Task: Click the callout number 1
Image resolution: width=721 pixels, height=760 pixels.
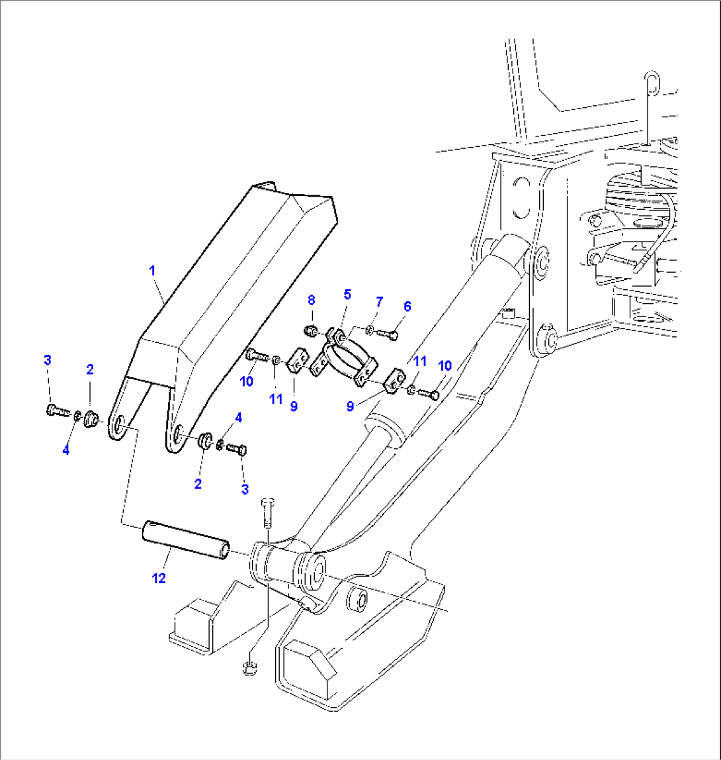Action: pos(151,270)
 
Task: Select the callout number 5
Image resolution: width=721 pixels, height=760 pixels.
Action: pos(347,294)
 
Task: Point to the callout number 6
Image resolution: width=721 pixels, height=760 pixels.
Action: pos(407,306)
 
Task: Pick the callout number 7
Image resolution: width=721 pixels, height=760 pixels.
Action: pos(380,302)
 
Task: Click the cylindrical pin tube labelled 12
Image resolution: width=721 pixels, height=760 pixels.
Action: pos(185,540)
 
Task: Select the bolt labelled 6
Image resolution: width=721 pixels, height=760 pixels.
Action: pos(388,334)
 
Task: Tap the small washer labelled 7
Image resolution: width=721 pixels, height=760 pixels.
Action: pos(370,330)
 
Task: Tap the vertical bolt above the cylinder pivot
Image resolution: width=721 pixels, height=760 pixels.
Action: pos(267,509)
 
